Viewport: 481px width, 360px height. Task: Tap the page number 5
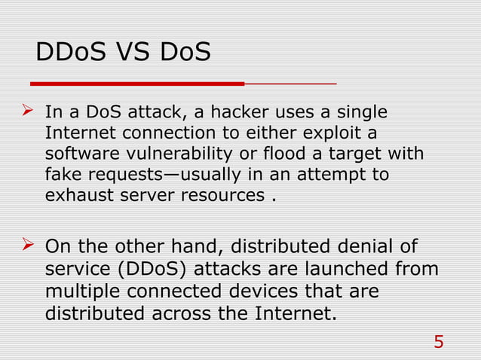(439, 343)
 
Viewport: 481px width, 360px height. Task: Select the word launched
(340, 269)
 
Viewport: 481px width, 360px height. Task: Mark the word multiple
(83, 291)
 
